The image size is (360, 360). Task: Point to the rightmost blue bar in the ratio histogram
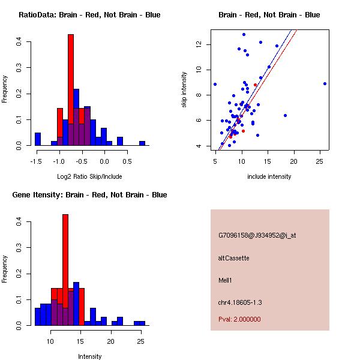[x=142, y=143]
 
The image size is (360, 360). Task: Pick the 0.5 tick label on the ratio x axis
[x=127, y=161]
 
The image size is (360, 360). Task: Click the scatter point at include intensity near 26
[x=325, y=83]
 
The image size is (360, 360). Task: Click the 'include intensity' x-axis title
[x=269, y=177]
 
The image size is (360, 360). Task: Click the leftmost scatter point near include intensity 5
[x=215, y=84]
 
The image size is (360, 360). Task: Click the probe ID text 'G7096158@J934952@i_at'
[x=257, y=235]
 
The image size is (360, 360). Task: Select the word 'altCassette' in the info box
[x=233, y=258]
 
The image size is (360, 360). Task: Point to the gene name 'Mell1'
[x=226, y=280]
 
